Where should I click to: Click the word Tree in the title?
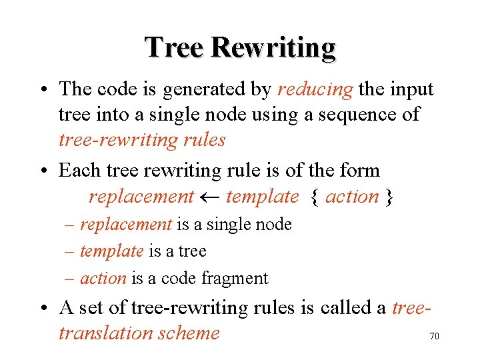tap(175, 48)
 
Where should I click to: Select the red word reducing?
tap(315, 89)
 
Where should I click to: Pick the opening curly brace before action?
tap(315, 197)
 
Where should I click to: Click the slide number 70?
tap(434, 337)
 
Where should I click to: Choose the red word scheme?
tap(191, 333)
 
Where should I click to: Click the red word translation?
tap(105, 333)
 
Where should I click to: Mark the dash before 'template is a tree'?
tap(70, 251)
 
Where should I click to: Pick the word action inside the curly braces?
tap(352, 197)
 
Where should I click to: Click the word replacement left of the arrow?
tap(141, 197)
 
